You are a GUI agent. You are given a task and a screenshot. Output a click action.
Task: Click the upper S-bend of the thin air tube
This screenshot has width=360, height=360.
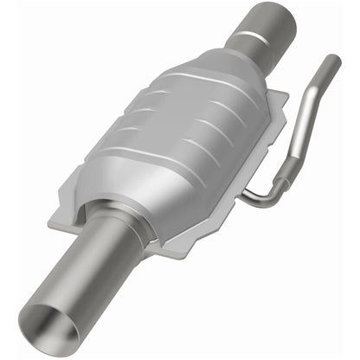coord(318,82)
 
